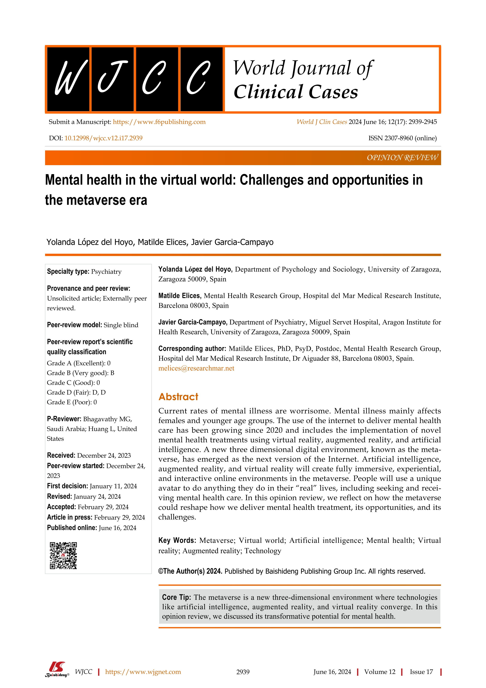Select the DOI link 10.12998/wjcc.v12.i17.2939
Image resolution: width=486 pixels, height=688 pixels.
tap(103, 138)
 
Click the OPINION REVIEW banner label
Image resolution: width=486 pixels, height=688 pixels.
tap(402, 158)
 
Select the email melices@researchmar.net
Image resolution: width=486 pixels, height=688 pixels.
tap(196, 368)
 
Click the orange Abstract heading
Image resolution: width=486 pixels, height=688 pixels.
tap(178, 397)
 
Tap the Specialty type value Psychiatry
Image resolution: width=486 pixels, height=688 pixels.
tap(106, 272)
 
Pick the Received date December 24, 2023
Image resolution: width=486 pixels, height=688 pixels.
tap(104, 455)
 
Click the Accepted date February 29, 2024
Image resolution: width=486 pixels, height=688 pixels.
tap(103, 507)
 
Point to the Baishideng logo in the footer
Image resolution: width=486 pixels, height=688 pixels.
tap(57, 670)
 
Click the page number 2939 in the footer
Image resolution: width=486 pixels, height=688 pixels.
tap(243, 672)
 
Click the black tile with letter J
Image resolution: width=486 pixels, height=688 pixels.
tap(113, 79)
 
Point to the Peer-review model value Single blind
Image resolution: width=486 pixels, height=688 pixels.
tap(121, 325)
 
